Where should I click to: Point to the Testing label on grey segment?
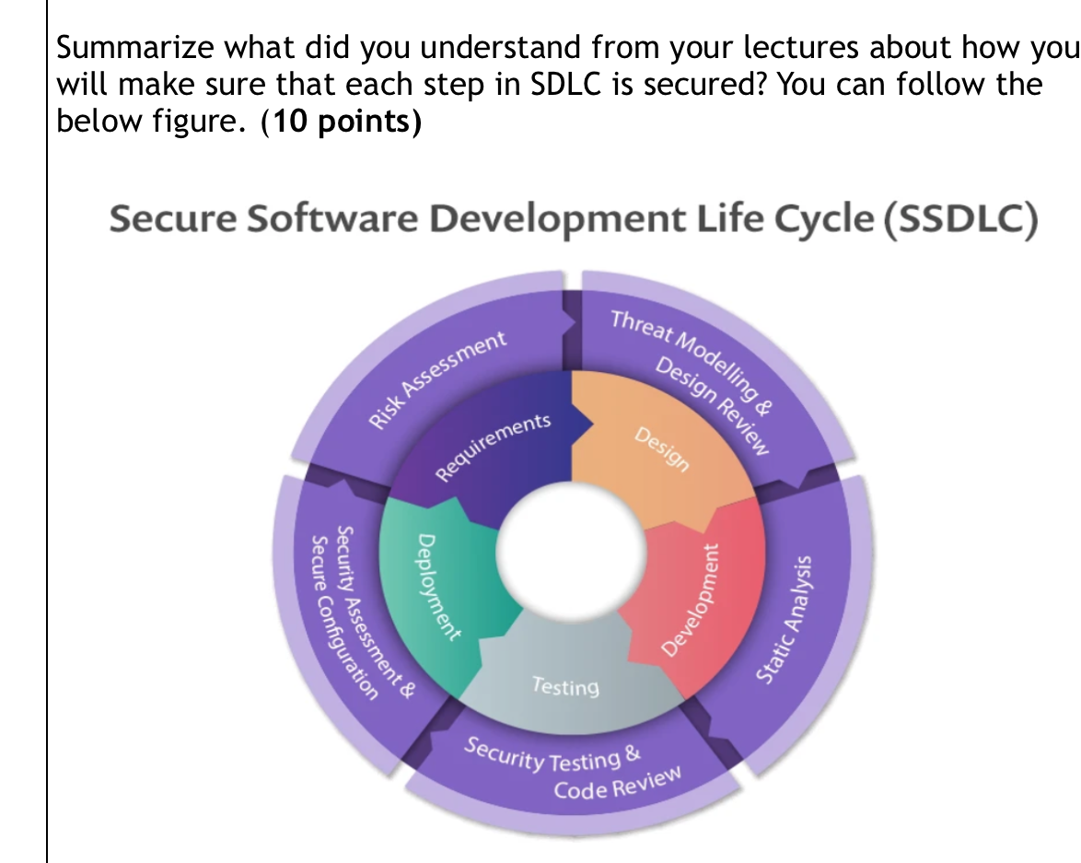pyautogui.click(x=564, y=687)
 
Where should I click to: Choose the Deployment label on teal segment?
pyautogui.click(x=437, y=586)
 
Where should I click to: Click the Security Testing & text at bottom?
pyautogui.click(x=552, y=754)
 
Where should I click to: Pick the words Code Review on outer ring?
pyautogui.click(x=617, y=785)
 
